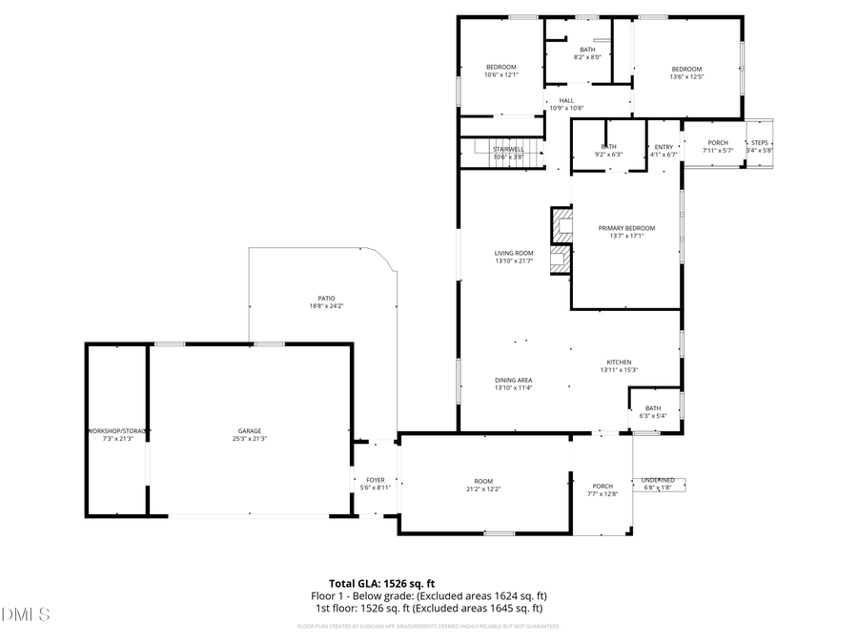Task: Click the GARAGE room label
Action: (250, 430)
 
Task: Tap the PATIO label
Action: (326, 298)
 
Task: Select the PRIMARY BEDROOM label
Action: (626, 228)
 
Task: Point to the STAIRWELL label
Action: (508, 149)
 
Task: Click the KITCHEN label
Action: (620, 362)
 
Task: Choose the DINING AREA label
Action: (513, 380)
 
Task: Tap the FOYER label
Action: (375, 480)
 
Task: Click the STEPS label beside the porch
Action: (760, 142)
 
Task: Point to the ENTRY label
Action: (664, 146)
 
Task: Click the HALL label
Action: (566, 100)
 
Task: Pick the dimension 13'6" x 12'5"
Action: (686, 77)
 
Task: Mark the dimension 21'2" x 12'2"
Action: (484, 488)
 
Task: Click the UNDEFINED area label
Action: (658, 480)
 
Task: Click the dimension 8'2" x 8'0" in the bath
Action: (587, 57)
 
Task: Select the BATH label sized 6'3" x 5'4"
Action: (653, 408)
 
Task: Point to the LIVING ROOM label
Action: (513, 253)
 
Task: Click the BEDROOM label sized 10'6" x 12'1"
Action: (500, 67)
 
